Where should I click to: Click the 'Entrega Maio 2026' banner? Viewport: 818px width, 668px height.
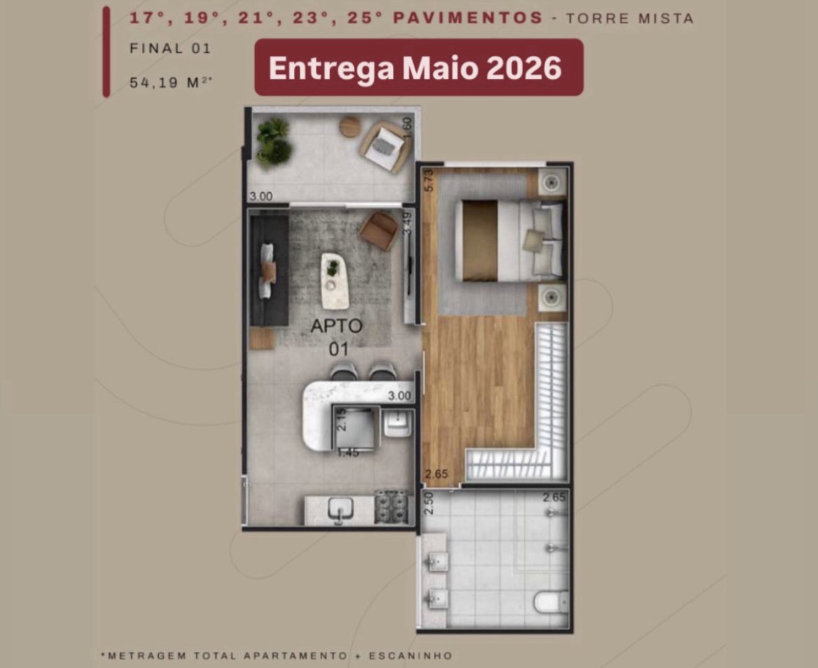coord(419,67)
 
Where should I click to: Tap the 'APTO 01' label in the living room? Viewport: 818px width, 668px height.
coord(336,337)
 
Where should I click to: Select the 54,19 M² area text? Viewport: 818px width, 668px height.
coord(171,82)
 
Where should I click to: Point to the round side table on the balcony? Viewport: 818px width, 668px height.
coord(351,126)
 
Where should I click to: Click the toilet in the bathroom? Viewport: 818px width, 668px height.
coord(552,602)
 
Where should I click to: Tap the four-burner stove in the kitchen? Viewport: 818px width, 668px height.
coord(392,507)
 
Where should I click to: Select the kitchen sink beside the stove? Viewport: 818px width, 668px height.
coord(341,510)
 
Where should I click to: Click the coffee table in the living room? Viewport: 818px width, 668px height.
coord(335,281)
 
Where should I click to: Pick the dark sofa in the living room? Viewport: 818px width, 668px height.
coord(269,270)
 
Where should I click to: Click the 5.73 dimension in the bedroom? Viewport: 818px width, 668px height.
coord(429,181)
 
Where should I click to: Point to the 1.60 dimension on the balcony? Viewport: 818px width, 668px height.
coord(407,128)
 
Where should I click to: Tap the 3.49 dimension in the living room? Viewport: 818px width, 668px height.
coord(407,223)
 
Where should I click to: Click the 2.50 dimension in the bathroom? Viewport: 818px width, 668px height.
coord(428,504)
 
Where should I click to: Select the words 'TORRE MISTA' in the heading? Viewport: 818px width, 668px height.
coord(630,18)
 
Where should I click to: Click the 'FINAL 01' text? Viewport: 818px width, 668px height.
coord(170,48)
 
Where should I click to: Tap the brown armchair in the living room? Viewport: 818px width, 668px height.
coord(379,231)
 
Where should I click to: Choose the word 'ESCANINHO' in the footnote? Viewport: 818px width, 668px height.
coord(411,656)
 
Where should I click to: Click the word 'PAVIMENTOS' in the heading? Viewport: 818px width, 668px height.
coord(468,18)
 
